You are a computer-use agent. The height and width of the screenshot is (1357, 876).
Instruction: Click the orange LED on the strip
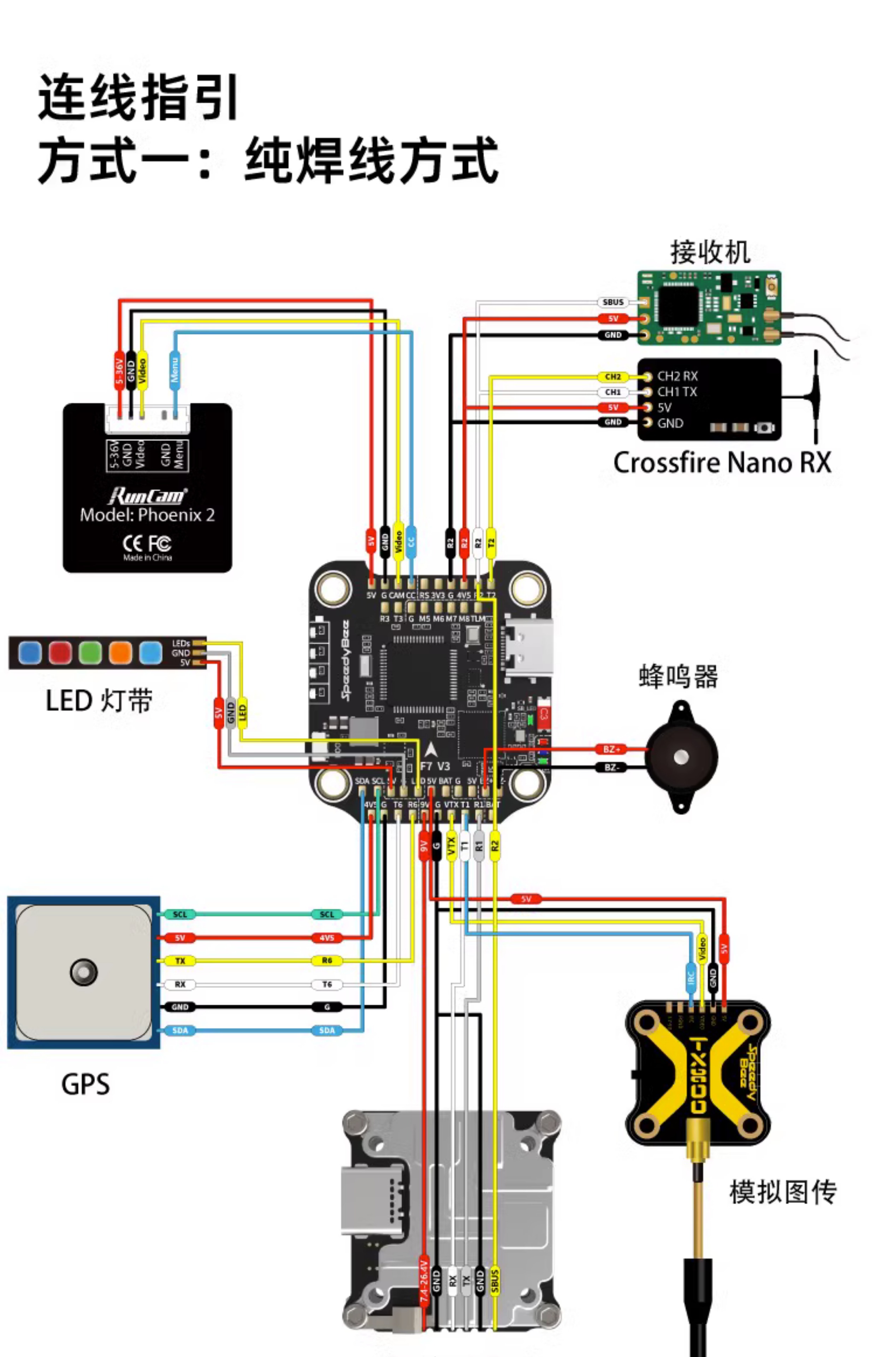[120, 653]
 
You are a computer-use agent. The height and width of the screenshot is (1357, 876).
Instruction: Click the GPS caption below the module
[85, 1084]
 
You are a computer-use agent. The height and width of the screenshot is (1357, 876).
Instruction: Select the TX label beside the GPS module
[180, 961]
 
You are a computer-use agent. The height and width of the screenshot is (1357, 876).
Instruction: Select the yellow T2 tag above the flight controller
[491, 542]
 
